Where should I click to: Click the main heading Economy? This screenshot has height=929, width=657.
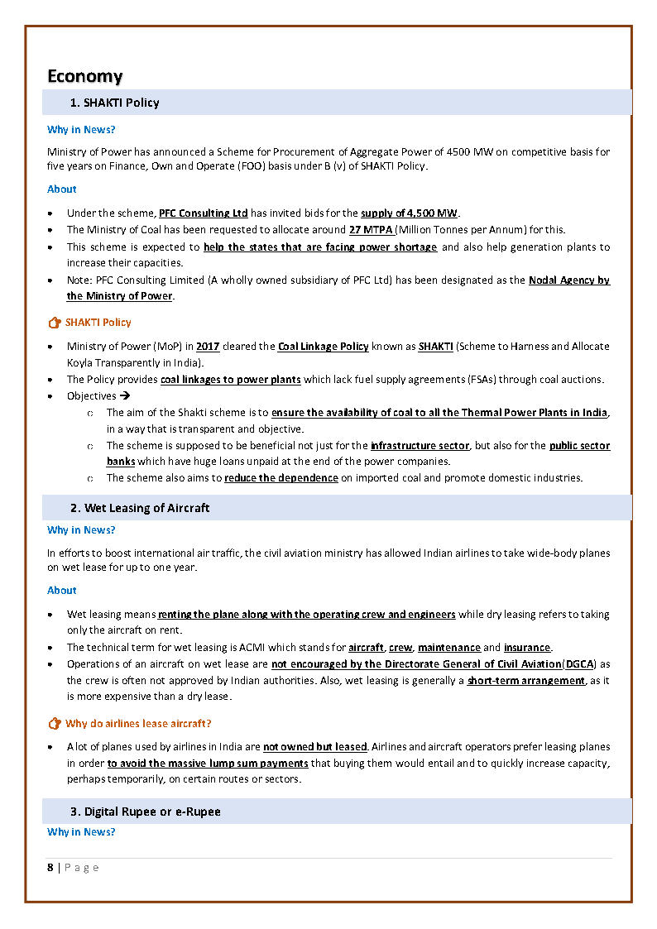pyautogui.click(x=84, y=76)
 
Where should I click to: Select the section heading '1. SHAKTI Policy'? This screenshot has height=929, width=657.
pyautogui.click(x=115, y=103)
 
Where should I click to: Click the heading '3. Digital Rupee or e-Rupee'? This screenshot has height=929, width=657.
pyautogui.click(x=145, y=812)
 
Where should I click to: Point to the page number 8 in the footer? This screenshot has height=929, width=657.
pyautogui.click(x=50, y=867)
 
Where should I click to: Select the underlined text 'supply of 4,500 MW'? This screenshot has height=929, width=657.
pyautogui.click(x=409, y=213)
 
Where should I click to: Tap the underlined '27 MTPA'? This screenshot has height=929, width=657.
pyautogui.click(x=372, y=230)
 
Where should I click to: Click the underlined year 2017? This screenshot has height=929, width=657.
pyautogui.click(x=208, y=347)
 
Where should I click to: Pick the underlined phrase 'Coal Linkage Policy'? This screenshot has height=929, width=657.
pyautogui.click(x=324, y=347)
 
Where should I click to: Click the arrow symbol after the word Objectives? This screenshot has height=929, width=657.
pyautogui.click(x=126, y=396)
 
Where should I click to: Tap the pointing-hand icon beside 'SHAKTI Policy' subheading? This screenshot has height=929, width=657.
pyautogui.click(x=55, y=323)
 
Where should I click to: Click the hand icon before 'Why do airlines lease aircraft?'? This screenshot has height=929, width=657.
pyautogui.click(x=55, y=724)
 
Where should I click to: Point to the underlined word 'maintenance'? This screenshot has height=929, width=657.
pyautogui.click(x=448, y=648)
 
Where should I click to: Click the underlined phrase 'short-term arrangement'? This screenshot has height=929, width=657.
pyautogui.click(x=526, y=681)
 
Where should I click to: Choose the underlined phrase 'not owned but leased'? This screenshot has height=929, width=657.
pyautogui.click(x=314, y=747)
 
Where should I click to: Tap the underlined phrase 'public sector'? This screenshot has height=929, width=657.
pyautogui.click(x=579, y=446)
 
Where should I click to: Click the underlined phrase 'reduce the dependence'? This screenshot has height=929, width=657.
pyautogui.click(x=281, y=478)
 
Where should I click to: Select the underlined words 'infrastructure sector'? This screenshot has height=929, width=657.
pyautogui.click(x=420, y=446)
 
